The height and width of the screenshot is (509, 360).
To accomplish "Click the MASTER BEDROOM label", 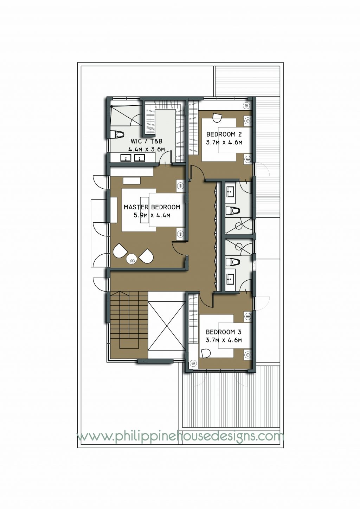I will (x=152, y=207).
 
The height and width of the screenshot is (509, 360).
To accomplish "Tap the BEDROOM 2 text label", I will (x=224, y=134).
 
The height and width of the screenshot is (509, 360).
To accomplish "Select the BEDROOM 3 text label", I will (x=224, y=332).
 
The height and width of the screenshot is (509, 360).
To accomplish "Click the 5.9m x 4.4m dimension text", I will (x=152, y=215).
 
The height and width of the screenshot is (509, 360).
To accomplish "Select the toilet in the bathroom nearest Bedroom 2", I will (x=232, y=211).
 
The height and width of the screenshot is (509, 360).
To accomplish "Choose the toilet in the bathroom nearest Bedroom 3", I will (x=232, y=262).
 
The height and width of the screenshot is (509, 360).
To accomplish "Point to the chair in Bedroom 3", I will (x=205, y=353).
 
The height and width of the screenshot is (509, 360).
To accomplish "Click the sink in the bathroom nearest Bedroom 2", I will (x=231, y=192).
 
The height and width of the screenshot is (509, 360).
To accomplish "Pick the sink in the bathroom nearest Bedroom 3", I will (x=231, y=280).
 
